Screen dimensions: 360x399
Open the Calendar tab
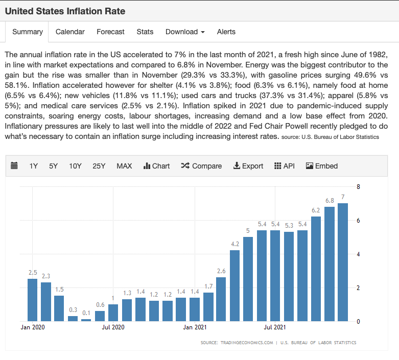pyautogui.click(x=70, y=32)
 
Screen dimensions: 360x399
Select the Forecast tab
pyautogui.click(x=110, y=32)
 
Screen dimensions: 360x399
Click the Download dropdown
pyautogui.click(x=185, y=32)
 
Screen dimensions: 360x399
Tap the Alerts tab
pyautogui.click(x=226, y=32)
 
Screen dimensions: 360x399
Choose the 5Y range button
pyautogui.click(x=54, y=166)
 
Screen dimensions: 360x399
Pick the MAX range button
pyautogui.click(x=124, y=166)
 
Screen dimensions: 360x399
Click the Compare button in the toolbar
pyautogui.click(x=201, y=166)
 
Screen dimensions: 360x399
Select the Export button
pyautogui.click(x=248, y=166)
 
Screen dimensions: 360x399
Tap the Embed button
pyautogui.click(x=322, y=166)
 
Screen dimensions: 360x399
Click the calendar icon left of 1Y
pyautogui.click(x=14, y=166)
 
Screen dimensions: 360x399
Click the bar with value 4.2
pyautogui.click(x=234, y=285)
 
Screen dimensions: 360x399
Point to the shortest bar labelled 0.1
pyautogui.click(x=86, y=320)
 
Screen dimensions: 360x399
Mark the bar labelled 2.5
pyautogui.click(x=32, y=300)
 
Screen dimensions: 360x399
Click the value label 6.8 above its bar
pyautogui.click(x=330, y=201)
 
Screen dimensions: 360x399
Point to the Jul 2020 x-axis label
pyautogui.click(x=113, y=327)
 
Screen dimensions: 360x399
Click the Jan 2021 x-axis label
pyautogui.click(x=194, y=327)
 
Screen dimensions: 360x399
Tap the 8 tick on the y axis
pyautogui.click(x=358, y=187)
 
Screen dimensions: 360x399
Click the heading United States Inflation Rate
pyautogui.click(x=65, y=11)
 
